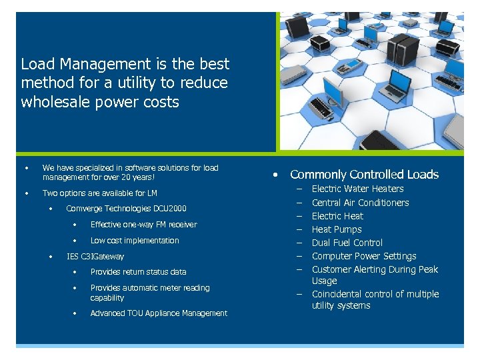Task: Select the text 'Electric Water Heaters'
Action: click(x=357, y=189)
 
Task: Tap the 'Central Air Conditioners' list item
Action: click(x=360, y=203)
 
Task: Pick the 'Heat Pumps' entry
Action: click(x=337, y=229)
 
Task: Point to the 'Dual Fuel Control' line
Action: click(x=347, y=243)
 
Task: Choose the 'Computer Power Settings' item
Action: click(x=364, y=256)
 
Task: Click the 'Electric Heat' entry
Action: click(x=337, y=216)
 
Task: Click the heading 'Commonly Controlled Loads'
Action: click(x=364, y=175)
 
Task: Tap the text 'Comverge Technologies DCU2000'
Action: click(x=126, y=209)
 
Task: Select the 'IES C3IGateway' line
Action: click(x=95, y=256)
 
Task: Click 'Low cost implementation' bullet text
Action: click(x=135, y=241)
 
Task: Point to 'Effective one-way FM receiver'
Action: click(x=143, y=225)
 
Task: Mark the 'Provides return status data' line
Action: click(x=138, y=272)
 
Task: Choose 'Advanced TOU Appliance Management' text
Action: click(x=159, y=313)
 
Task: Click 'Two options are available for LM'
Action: click(x=99, y=193)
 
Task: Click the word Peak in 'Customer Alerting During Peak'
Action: click(x=428, y=269)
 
